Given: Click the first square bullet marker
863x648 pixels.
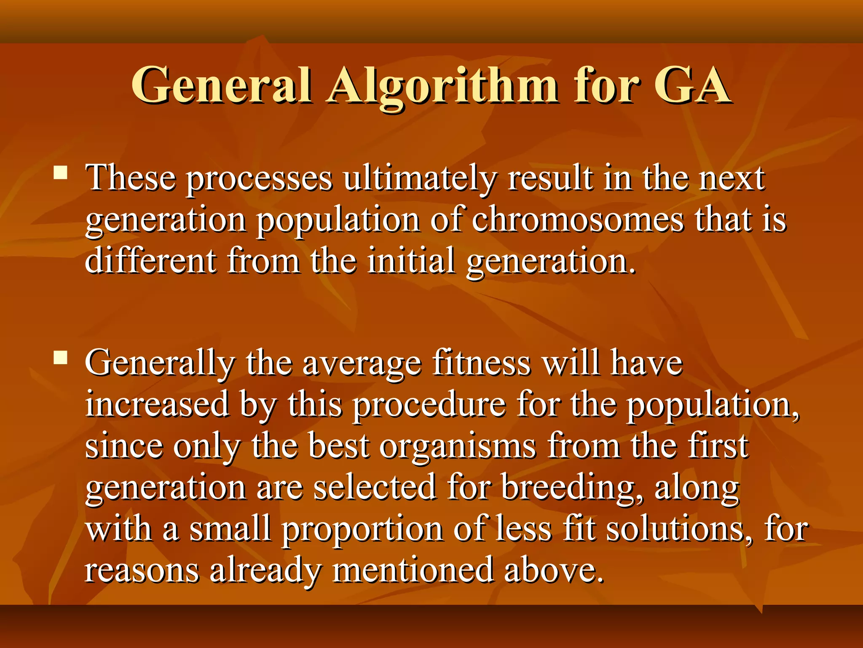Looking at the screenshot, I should [61, 173].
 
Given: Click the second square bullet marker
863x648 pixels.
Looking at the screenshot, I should [61, 358].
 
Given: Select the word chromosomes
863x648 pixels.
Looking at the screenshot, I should [578, 220].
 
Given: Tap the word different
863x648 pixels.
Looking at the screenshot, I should [151, 261].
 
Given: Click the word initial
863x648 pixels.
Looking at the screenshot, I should [411, 261].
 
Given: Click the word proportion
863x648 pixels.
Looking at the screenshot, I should [362, 530].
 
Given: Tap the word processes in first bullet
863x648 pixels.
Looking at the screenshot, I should [260, 179].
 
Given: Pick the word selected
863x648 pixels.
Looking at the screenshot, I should [375, 488].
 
